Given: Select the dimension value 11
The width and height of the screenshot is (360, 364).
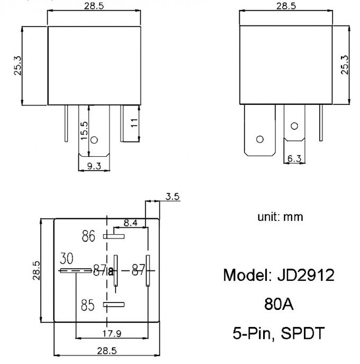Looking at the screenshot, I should (x=134, y=123).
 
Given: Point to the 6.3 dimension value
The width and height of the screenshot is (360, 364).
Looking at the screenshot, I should (x=295, y=158).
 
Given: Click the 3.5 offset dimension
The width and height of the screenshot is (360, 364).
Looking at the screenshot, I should (x=172, y=197).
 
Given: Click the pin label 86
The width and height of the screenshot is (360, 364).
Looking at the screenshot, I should (x=88, y=236).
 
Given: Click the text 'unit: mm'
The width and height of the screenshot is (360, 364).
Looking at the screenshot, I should (x=280, y=217).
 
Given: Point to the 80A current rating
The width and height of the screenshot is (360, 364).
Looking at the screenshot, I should (x=279, y=305).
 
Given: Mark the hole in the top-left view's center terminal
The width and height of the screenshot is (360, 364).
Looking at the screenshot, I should (x=94, y=140).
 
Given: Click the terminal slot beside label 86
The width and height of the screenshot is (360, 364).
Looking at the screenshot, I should (x=114, y=236).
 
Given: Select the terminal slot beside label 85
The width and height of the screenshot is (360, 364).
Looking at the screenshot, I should (x=114, y=305).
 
